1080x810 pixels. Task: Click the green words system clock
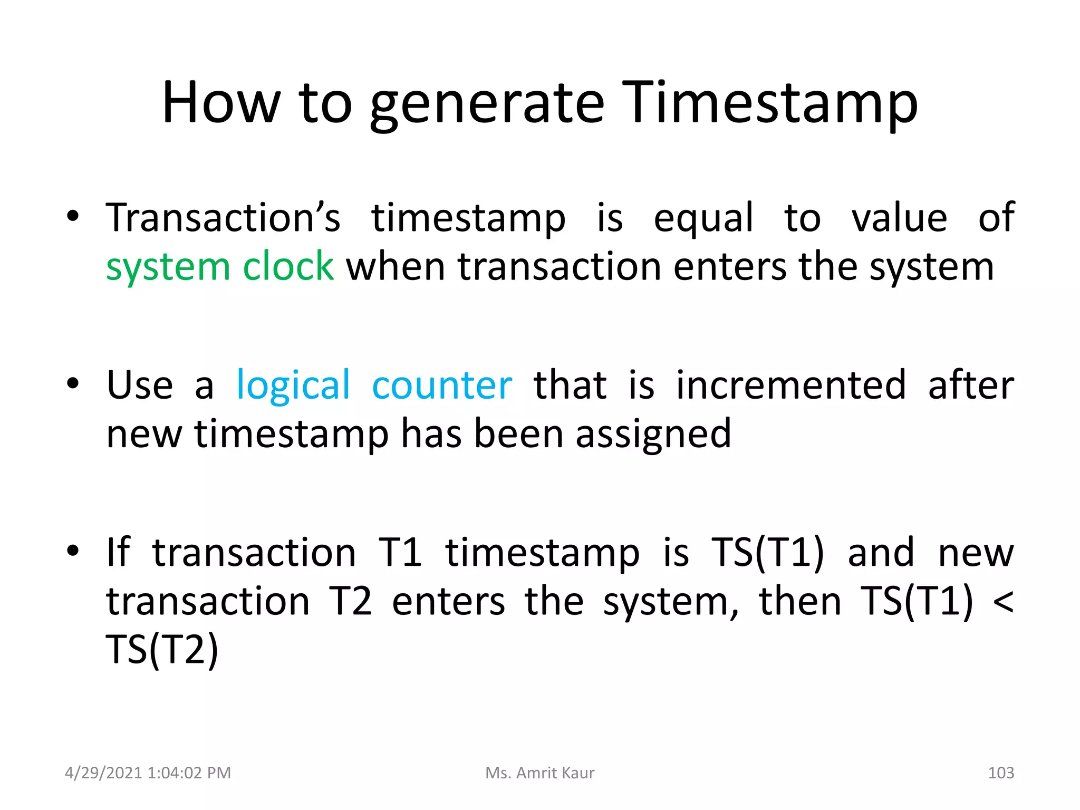tap(219, 267)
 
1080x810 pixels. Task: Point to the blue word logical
tap(293, 385)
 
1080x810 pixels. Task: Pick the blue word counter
tap(442, 385)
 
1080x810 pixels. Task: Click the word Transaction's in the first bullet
tap(223, 217)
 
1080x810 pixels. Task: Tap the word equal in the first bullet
tap(703, 217)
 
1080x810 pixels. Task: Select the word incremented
tap(791, 385)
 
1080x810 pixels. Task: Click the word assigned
tap(653, 434)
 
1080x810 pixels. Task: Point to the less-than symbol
tap(1002, 602)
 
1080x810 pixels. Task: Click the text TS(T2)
tap(162, 650)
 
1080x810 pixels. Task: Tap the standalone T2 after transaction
tap(351, 602)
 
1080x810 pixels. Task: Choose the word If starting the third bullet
tap(118, 553)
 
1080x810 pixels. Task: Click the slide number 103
tap(1000, 773)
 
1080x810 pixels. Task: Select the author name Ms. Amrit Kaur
tap(539, 773)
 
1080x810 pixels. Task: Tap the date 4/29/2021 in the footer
tap(104, 773)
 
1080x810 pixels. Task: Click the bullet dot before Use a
tap(73, 383)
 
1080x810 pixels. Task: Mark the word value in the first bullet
tap(900, 217)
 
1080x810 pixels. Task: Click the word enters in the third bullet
tap(448, 602)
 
